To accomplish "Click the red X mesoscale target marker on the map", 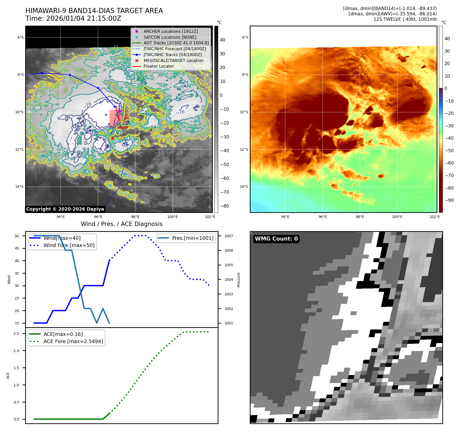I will click(112, 138).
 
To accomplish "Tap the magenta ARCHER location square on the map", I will click(119, 111).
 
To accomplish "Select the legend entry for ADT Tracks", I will click(176, 43).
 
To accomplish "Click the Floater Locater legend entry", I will click(159, 66).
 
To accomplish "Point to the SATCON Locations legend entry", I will click(170, 37).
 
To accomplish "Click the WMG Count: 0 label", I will click(276, 239).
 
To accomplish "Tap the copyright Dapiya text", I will click(65, 209).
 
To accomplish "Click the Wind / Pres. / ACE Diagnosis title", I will click(121, 224).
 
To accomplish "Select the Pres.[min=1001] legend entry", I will click(193, 238).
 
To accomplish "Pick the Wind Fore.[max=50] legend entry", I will click(69, 245).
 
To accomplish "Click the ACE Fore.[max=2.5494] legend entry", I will click(73, 341).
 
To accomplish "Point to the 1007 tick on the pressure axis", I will click(228, 236).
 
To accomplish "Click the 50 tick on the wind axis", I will click(17, 236).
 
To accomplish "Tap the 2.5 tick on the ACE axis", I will click(16, 334).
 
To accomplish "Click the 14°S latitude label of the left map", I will click(19, 187).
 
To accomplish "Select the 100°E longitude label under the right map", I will click(397, 217).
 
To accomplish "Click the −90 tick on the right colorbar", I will click(449, 200).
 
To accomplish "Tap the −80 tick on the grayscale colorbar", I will click(225, 206).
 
